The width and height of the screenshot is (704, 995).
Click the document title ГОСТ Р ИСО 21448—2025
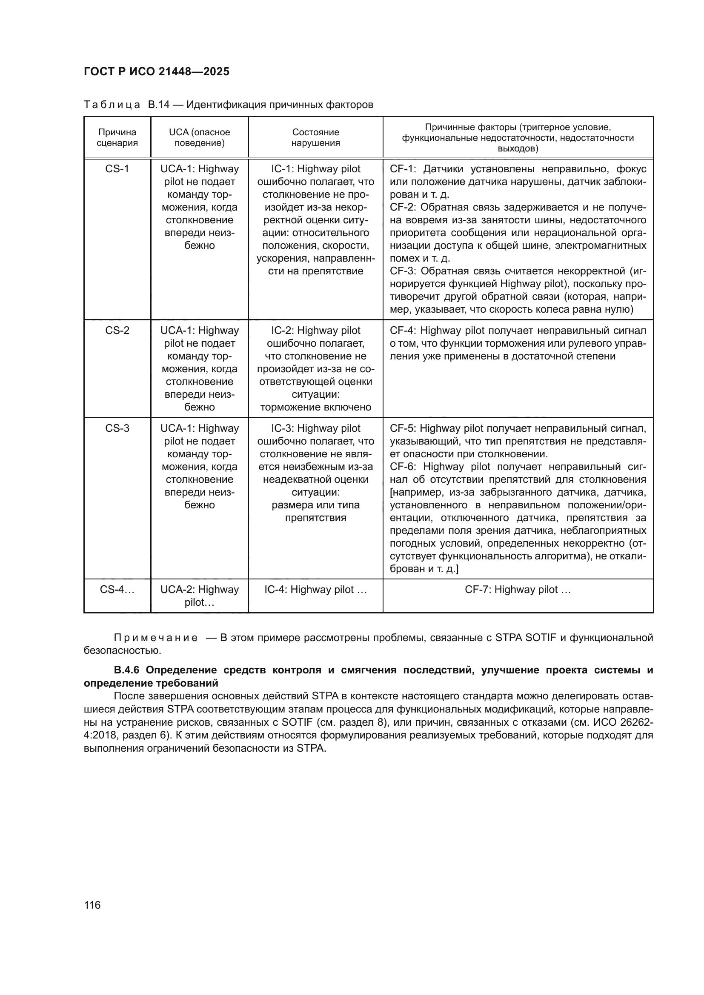click(x=157, y=72)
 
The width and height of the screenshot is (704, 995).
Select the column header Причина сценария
click(x=117, y=137)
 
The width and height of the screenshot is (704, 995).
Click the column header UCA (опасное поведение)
click(x=199, y=137)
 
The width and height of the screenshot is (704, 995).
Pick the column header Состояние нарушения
click(x=315, y=137)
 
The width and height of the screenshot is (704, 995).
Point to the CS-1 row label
click(x=117, y=169)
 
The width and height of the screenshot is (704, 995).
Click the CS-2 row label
click(x=117, y=331)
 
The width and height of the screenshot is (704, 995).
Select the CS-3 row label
click(x=117, y=428)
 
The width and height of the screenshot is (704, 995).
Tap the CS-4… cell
click(x=117, y=589)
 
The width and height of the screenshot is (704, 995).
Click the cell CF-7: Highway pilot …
click(x=518, y=589)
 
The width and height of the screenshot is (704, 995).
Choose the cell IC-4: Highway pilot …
click(x=315, y=589)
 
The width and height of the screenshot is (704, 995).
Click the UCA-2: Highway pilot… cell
click(x=199, y=596)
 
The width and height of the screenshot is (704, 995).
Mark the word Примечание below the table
click(x=156, y=638)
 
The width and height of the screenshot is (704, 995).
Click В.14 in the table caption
click(x=159, y=105)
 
